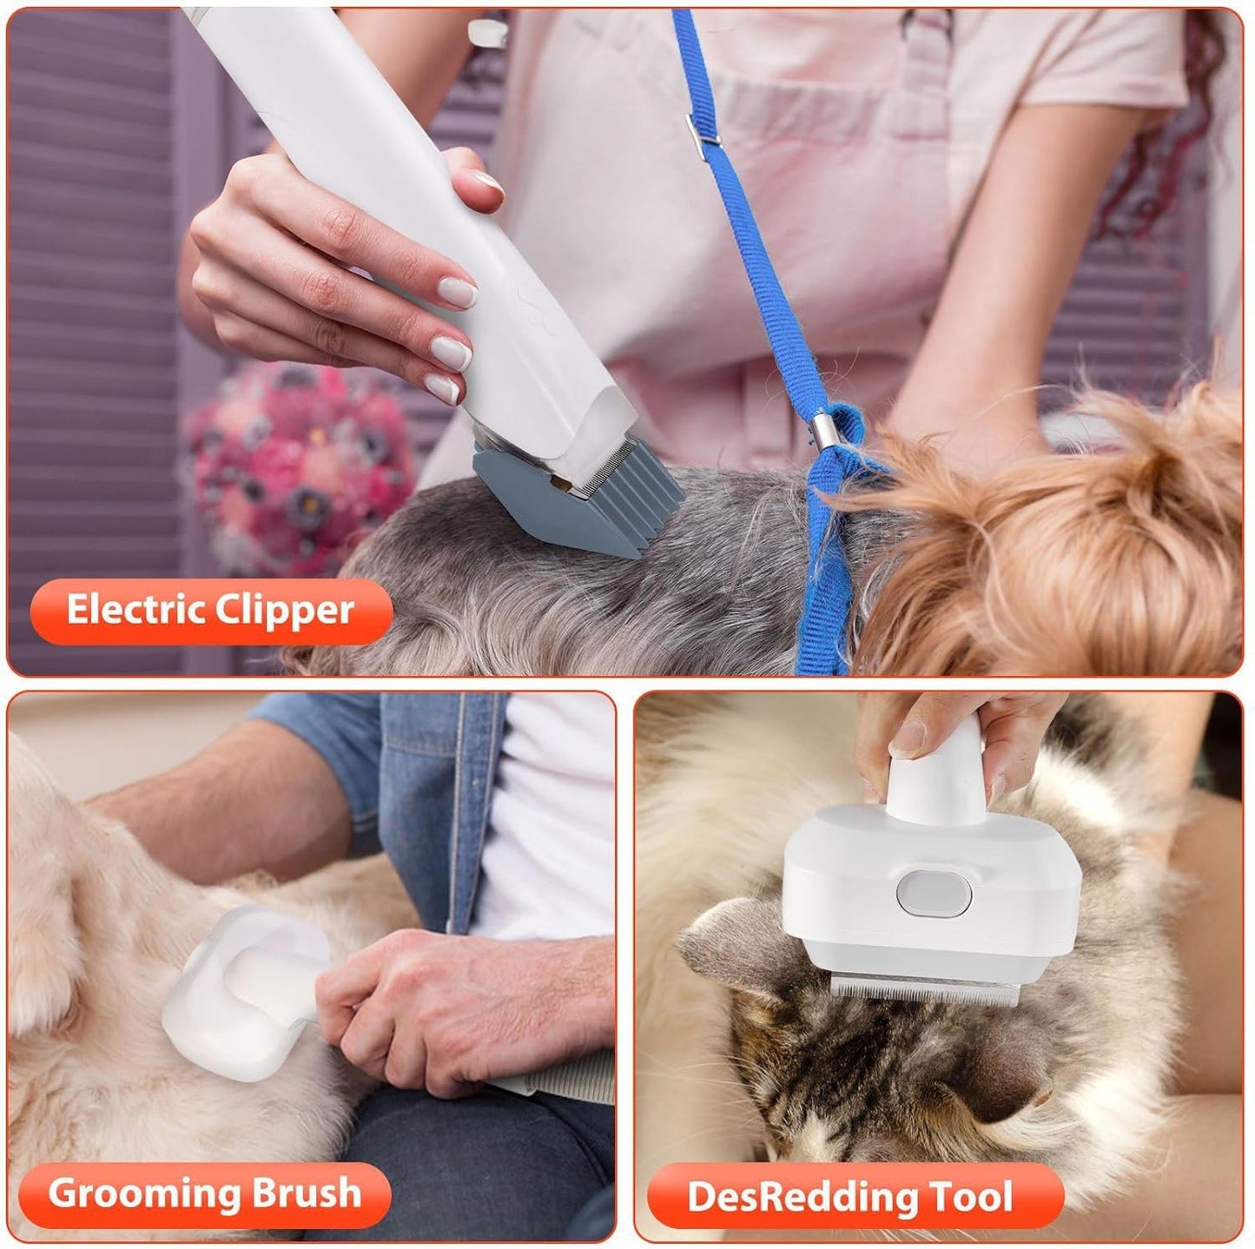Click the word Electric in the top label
tap(135, 610)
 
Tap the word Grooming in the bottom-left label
tap(143, 1193)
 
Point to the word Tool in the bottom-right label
tap(972, 1197)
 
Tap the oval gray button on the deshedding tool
tap(933, 893)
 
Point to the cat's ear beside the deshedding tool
tap(730, 947)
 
